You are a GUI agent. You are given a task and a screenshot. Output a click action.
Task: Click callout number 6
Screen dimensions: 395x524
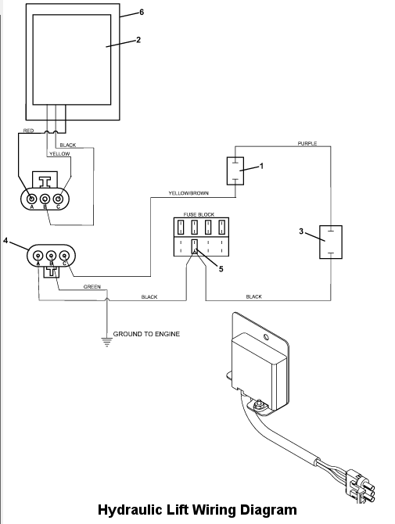coord(142,13)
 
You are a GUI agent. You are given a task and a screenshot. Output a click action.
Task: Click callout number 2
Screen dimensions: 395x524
coord(138,40)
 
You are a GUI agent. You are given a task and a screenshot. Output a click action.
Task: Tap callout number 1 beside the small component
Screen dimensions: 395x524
coord(262,166)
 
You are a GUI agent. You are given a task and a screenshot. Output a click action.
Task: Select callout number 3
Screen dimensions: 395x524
coord(301,231)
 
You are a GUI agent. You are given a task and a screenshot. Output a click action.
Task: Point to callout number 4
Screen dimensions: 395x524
coord(5,240)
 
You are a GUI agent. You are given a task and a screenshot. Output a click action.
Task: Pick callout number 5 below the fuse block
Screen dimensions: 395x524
coord(221,269)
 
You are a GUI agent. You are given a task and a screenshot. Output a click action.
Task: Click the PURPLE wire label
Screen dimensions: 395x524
coord(307,143)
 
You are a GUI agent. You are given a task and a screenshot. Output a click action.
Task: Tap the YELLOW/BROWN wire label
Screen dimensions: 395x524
coord(189,193)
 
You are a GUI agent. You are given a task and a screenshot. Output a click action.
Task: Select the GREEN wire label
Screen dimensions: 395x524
coord(92,287)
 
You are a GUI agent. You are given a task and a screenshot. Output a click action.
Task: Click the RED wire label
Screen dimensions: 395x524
coord(28,131)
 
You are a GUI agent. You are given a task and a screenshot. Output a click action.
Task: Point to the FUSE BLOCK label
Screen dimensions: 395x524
coord(199,214)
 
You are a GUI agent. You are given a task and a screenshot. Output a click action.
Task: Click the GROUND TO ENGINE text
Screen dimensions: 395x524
coord(146,334)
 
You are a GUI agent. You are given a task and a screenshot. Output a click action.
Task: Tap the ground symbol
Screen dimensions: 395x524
coord(106,343)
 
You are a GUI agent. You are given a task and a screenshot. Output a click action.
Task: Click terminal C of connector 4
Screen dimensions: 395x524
coord(64,256)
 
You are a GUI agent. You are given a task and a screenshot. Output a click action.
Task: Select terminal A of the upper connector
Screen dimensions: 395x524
coord(32,199)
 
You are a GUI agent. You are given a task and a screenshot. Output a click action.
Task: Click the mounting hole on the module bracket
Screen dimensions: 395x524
coord(267,336)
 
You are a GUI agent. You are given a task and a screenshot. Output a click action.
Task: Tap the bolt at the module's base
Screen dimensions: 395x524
coord(257,405)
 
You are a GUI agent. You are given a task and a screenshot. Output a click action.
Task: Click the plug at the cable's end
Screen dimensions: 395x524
coord(360,486)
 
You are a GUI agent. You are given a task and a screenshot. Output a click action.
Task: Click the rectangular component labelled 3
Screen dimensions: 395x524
coord(331,242)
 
